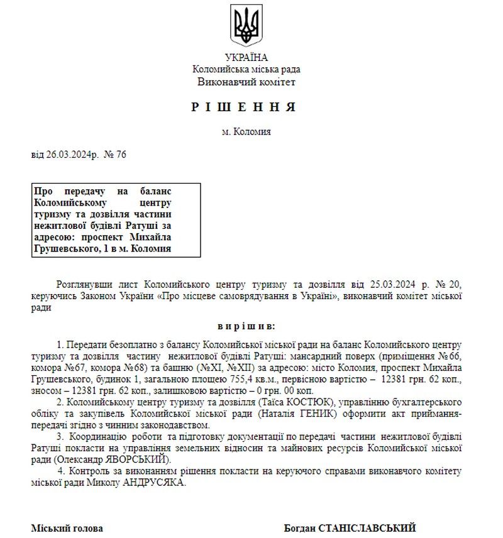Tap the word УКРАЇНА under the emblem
[246, 57]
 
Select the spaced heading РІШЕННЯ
[244, 107]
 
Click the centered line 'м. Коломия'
[246, 132]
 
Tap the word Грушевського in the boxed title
[64, 249]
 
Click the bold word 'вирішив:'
[246, 326]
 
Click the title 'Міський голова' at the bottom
[67, 528]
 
